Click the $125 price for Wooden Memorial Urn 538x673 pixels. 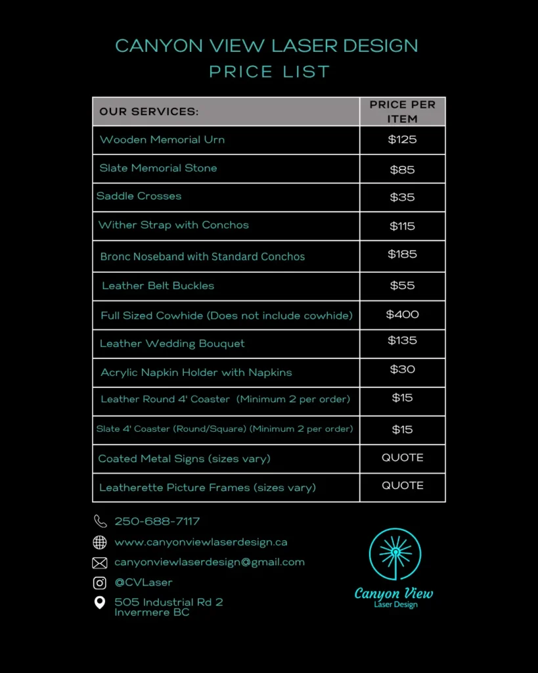pos(402,139)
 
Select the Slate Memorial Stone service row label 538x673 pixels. pos(158,168)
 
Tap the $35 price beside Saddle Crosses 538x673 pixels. pos(402,197)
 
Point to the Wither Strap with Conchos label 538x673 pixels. pos(173,225)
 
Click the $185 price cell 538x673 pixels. pos(402,254)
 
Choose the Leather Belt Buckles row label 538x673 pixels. pos(158,286)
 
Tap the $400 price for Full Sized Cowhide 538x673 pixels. pos(402,315)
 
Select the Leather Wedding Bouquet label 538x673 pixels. pos(172,344)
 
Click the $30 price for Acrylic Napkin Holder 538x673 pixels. pos(402,369)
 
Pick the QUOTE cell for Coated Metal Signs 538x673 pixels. pos(402,457)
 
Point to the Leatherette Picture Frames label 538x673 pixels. pos(208,488)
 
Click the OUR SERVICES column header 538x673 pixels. pos(149,112)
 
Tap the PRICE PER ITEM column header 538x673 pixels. pos(402,112)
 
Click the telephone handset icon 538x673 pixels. pos(100,521)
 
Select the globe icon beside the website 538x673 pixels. pos(100,542)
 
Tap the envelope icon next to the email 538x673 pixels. pos(100,563)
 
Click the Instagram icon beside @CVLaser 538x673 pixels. pos(100,582)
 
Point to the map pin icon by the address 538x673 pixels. pos(100,602)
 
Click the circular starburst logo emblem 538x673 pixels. pos(395,555)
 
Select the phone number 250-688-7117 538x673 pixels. pos(157,521)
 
